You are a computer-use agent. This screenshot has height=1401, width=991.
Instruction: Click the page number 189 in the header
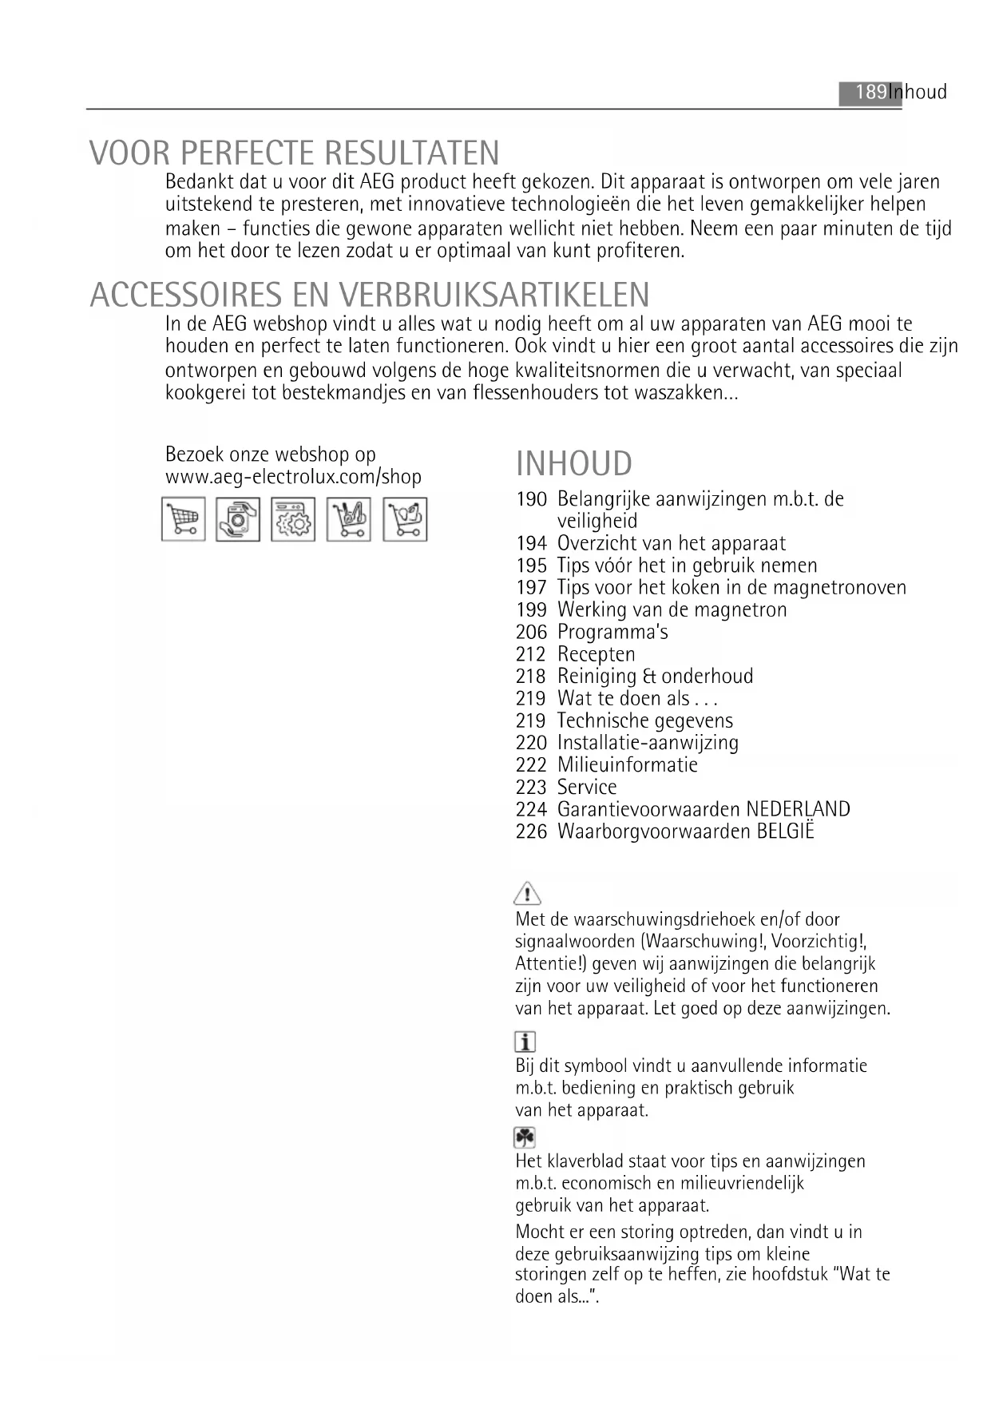870,92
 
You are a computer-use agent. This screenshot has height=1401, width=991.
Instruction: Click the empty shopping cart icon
184,519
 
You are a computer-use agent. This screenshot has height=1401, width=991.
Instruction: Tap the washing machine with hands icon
238,519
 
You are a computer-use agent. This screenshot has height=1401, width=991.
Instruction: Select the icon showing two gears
293,519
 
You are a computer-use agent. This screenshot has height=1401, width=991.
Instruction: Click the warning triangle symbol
527,892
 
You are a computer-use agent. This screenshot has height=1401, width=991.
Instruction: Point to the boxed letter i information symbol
525,1042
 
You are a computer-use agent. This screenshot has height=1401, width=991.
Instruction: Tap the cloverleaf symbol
525,1137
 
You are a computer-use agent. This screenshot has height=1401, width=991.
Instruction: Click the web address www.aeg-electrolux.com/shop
293,477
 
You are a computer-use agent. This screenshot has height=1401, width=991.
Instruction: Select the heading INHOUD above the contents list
573,464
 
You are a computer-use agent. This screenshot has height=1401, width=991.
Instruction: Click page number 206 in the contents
531,632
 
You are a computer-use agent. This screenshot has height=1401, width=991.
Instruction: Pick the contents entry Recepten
596,654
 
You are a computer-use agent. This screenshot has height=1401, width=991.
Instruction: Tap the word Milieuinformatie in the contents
627,765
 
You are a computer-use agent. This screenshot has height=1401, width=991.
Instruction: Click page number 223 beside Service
531,787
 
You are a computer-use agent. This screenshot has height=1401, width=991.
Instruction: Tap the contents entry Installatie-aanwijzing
648,743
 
